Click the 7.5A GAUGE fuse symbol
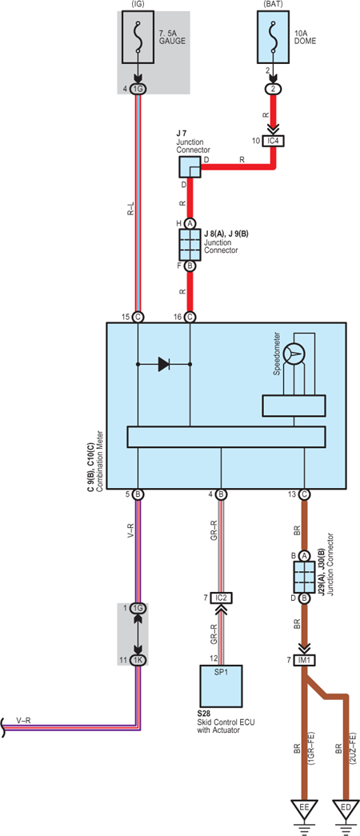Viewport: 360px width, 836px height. (138, 37)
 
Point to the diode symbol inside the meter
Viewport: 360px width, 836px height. (164, 365)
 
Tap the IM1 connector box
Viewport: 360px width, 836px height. (307, 661)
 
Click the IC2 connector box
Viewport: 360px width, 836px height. (222, 598)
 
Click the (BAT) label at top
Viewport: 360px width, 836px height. (274, 5)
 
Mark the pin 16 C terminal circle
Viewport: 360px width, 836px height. (190, 318)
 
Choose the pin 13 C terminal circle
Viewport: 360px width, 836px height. (304, 494)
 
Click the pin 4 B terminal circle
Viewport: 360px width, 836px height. (222, 494)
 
